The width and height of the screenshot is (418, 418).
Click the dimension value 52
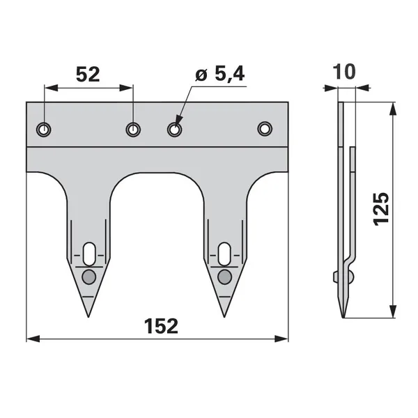pos(88,75)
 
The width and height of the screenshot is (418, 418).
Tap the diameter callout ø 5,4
pos(220,74)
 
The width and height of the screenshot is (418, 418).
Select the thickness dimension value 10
pos(344,72)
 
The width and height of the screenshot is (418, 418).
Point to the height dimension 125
pos(381,209)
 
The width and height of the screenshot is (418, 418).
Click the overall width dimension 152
pos(161,326)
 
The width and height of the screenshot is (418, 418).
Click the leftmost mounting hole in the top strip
pos(43,130)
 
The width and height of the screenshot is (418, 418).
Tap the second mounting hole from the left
pos(133,130)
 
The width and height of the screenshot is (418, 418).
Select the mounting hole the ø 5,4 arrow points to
pos(175,130)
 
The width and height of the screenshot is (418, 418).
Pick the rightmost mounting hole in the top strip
pos(265,129)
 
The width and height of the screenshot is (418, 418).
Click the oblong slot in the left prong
pos(89,254)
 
